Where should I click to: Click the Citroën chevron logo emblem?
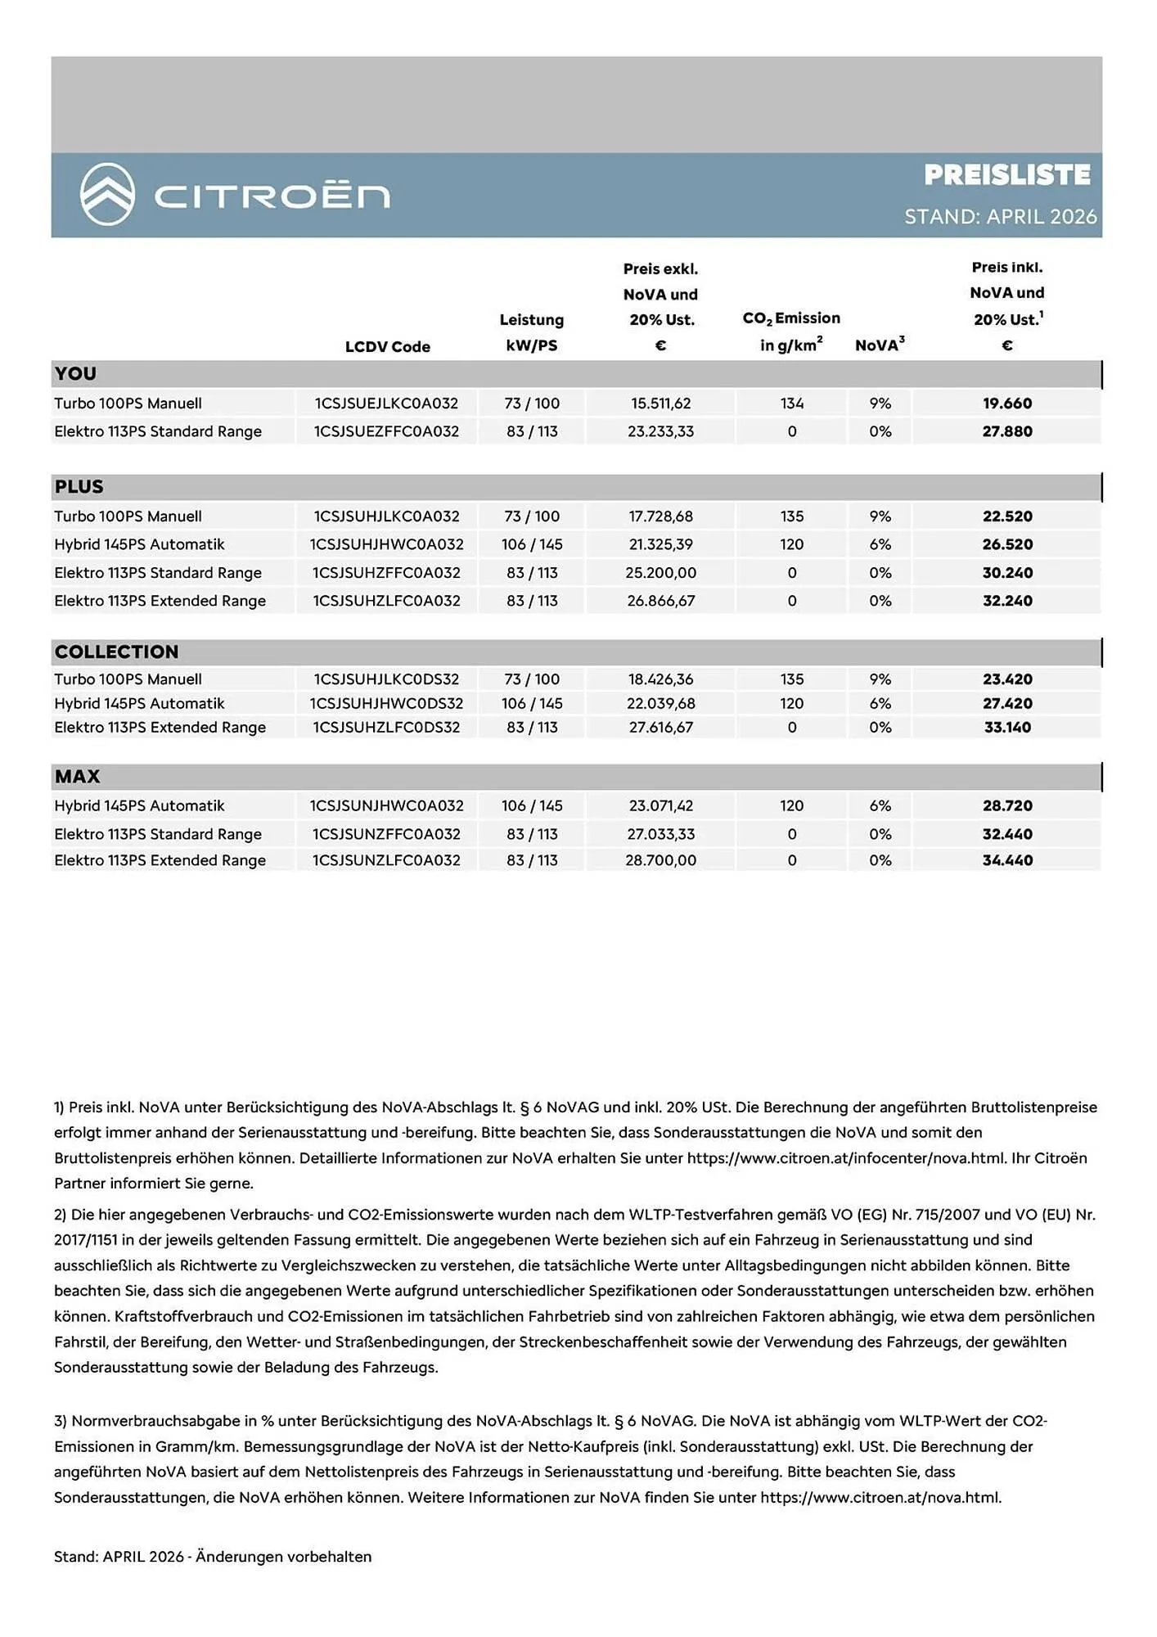click(107, 195)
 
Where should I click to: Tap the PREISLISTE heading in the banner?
click(1006, 174)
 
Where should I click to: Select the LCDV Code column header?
click(387, 346)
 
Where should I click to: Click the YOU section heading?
click(75, 374)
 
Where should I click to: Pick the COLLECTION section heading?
click(116, 652)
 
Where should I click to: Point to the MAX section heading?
click(77, 777)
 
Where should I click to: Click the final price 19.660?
click(1007, 404)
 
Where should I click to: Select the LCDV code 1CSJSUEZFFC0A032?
click(386, 431)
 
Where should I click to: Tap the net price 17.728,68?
click(660, 516)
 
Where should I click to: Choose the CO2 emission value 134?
click(791, 404)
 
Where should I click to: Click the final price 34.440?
click(1007, 860)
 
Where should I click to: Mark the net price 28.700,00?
click(660, 860)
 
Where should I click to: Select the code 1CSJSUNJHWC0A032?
click(386, 805)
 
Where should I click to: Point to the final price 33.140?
click(1007, 727)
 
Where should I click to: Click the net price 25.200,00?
click(660, 573)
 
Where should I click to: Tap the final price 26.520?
click(1007, 544)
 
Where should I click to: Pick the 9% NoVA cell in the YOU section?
click(880, 404)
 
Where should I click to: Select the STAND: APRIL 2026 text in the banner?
click(1000, 216)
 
